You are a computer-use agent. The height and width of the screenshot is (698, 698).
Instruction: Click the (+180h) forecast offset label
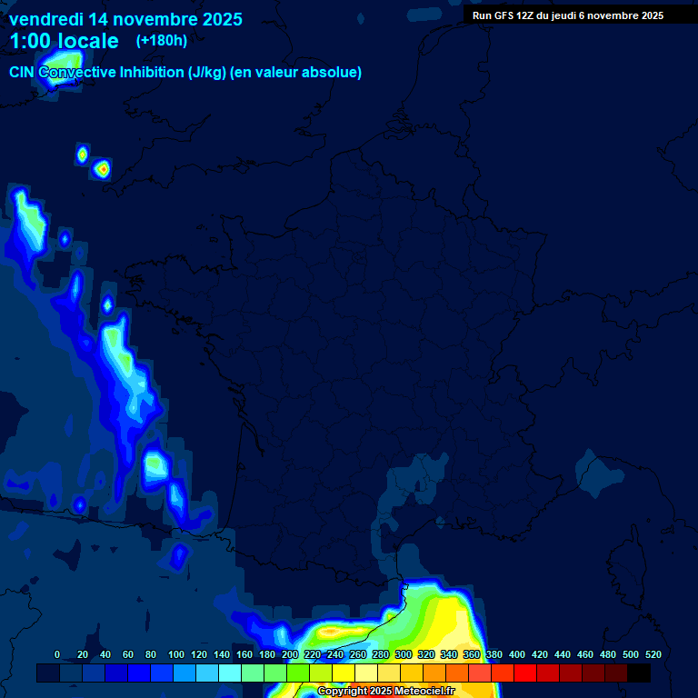161,41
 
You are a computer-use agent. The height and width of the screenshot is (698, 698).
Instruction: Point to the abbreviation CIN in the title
23,73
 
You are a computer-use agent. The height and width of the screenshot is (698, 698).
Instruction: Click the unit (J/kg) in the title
206,73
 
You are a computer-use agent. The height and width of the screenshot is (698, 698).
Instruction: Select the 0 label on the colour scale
57,654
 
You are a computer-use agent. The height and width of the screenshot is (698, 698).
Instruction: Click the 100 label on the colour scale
176,654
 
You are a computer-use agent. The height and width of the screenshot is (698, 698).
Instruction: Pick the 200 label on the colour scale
290,654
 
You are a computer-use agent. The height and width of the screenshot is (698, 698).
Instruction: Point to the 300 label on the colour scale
404,654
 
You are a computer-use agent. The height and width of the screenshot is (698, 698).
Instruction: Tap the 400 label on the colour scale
517,654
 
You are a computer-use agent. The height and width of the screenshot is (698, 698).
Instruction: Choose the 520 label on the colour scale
653,654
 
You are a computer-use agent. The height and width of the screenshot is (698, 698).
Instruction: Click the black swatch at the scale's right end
639,673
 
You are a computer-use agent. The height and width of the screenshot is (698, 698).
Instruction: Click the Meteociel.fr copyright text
385,692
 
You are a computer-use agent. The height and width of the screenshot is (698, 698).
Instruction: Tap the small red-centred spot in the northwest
103,168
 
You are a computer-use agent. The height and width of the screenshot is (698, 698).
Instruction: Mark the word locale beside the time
88,41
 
